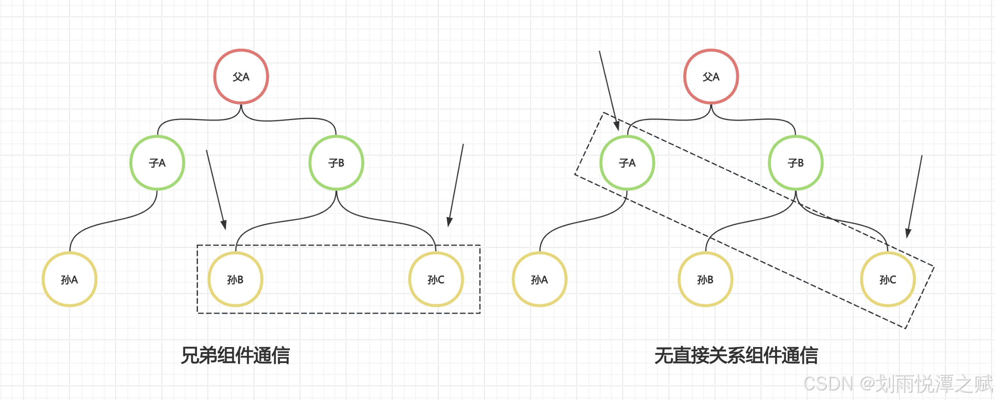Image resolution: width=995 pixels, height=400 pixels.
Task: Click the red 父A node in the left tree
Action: point(241,76)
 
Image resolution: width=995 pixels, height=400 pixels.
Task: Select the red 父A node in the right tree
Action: point(711,76)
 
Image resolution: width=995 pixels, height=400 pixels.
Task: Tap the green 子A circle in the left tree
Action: point(157,163)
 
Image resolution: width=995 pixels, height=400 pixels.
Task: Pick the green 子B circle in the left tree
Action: point(336,163)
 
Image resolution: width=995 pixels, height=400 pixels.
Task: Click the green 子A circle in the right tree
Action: point(627,163)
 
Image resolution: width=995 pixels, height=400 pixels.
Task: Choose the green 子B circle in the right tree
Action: point(796,163)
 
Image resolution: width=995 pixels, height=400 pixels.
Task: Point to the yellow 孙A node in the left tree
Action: point(70,279)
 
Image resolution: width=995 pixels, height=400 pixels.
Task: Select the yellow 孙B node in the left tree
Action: point(236,279)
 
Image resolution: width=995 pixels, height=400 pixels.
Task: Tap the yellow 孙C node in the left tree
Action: point(436,279)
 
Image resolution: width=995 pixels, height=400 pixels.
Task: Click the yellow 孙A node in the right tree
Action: point(539,279)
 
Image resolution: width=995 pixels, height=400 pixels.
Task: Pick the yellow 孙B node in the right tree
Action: point(705,279)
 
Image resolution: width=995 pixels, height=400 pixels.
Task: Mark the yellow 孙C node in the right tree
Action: point(888,279)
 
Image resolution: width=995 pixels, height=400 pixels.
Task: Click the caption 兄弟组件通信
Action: point(235,355)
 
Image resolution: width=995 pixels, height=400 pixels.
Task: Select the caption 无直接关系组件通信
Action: point(736,355)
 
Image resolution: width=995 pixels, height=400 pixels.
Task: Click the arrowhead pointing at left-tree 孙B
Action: point(224,225)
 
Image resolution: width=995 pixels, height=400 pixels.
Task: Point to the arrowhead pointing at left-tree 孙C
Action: point(450,222)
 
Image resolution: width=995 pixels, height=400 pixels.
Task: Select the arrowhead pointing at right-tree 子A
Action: point(617,126)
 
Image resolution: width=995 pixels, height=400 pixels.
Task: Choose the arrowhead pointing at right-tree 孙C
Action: point(908,233)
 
